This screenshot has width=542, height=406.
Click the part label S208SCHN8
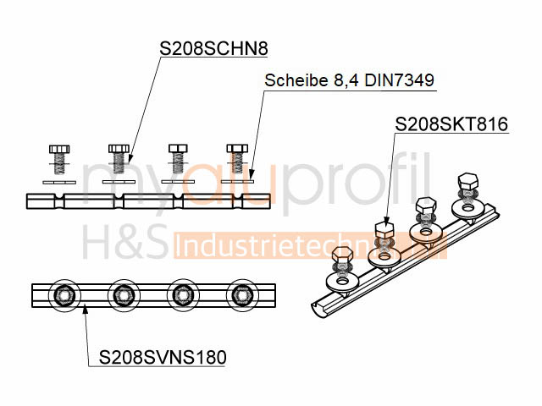213,49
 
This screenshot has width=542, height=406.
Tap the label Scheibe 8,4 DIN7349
349,80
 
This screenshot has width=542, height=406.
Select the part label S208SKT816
451,124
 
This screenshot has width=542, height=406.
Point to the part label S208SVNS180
163,357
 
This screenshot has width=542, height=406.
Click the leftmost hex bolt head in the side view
59,149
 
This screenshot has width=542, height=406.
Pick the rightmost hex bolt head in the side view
237,149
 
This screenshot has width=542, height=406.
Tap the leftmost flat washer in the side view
59,183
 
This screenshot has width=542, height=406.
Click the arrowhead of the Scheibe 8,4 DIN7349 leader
252,176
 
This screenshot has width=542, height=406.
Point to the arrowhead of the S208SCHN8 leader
130,158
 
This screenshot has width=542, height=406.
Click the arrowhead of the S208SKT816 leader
386,222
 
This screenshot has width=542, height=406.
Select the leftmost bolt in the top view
64,295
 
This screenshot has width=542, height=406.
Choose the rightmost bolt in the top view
242,295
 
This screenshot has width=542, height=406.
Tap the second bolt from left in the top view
124,295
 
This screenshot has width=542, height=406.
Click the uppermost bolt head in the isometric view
468,181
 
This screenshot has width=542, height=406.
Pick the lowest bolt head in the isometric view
342,256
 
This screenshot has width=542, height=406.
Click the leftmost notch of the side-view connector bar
60,201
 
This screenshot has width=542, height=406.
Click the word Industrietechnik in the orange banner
310,245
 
